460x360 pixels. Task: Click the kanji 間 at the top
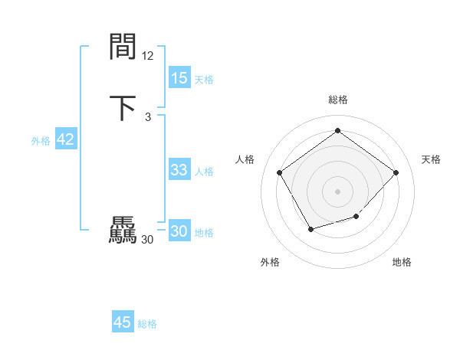[123, 48]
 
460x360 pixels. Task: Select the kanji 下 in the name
[123, 108]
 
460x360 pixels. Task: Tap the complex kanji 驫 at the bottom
[123, 231]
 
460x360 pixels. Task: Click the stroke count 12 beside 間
[148, 55]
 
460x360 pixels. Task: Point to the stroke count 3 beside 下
[147, 116]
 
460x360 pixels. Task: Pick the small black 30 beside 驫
[147, 240]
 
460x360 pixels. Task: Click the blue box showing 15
[179, 78]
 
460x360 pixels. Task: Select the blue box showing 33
[179, 170]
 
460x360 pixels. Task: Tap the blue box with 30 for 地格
[179, 231]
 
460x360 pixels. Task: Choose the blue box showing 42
[65, 139]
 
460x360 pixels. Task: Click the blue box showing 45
[123, 322]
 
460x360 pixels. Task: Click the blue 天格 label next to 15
[204, 79]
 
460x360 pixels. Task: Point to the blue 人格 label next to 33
[204, 171]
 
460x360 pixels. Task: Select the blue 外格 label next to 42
[41, 140]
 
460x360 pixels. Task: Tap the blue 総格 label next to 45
[147, 323]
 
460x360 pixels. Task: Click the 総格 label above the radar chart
[337, 100]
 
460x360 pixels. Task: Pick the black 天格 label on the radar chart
[431, 159]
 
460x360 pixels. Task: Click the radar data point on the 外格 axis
[310, 229]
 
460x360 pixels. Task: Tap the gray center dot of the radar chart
[337, 190]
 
